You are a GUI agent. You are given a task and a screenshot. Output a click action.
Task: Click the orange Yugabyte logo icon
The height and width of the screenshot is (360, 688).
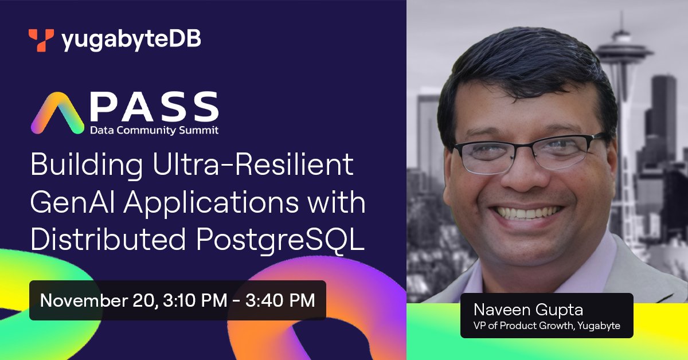click(41, 40)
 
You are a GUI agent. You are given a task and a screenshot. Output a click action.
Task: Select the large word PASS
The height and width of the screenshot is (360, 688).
click(153, 105)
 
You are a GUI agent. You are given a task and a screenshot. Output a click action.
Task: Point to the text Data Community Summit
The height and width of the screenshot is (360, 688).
click(154, 130)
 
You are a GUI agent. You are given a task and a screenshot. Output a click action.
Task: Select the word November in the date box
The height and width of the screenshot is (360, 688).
click(87, 300)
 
